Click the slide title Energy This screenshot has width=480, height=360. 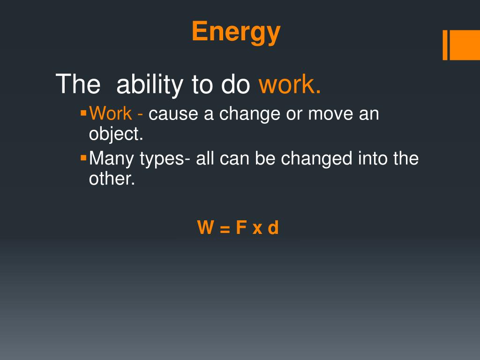pyautogui.click(x=236, y=32)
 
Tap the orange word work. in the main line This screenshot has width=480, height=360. pyautogui.click(x=290, y=84)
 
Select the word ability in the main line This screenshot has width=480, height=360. pyautogui.click(x=150, y=85)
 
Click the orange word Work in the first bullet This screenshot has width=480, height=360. pyautogui.click(x=111, y=113)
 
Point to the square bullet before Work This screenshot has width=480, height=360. pyautogui.click(x=83, y=112)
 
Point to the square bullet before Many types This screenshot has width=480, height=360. pyautogui.click(x=83, y=157)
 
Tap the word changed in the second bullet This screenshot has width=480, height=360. pyautogui.click(x=316, y=158)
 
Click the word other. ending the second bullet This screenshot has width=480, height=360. pyautogui.click(x=112, y=179)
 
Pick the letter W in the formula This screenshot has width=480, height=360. pyautogui.click(x=206, y=227)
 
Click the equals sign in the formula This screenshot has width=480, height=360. pyautogui.click(x=225, y=229)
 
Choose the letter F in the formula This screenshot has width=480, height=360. pyautogui.click(x=241, y=227)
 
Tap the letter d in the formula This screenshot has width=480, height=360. pyautogui.click(x=273, y=227)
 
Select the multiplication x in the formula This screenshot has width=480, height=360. pyautogui.click(x=257, y=229)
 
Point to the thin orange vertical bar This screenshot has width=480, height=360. pyautogui.click(x=445, y=45)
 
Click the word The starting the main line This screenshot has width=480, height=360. pyautogui.click(x=78, y=84)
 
